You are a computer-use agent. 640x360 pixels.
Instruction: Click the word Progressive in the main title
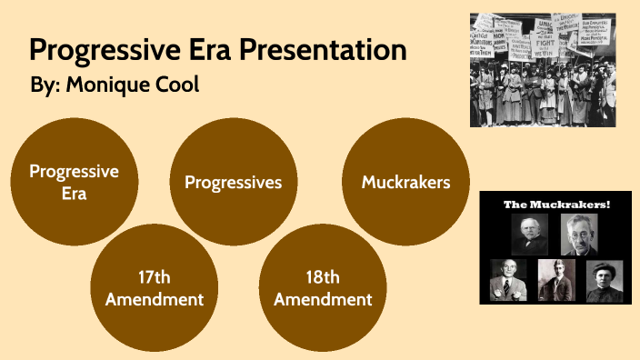tap(95, 50)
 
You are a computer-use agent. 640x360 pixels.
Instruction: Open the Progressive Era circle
tap(74, 182)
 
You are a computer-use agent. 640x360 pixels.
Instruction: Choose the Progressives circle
tap(234, 182)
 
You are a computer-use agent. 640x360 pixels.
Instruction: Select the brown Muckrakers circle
tap(405, 182)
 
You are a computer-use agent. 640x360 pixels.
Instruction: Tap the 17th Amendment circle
tap(155, 287)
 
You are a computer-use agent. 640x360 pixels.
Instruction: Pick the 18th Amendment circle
tap(323, 287)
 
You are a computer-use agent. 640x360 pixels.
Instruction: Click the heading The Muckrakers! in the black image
tap(557, 205)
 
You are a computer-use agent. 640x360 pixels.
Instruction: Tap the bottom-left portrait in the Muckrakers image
tap(507, 280)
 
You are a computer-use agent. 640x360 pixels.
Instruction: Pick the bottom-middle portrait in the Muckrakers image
tap(555, 280)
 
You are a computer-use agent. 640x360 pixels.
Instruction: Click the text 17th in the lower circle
tap(155, 277)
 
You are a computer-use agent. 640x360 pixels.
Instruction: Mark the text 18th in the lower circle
tap(323, 277)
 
